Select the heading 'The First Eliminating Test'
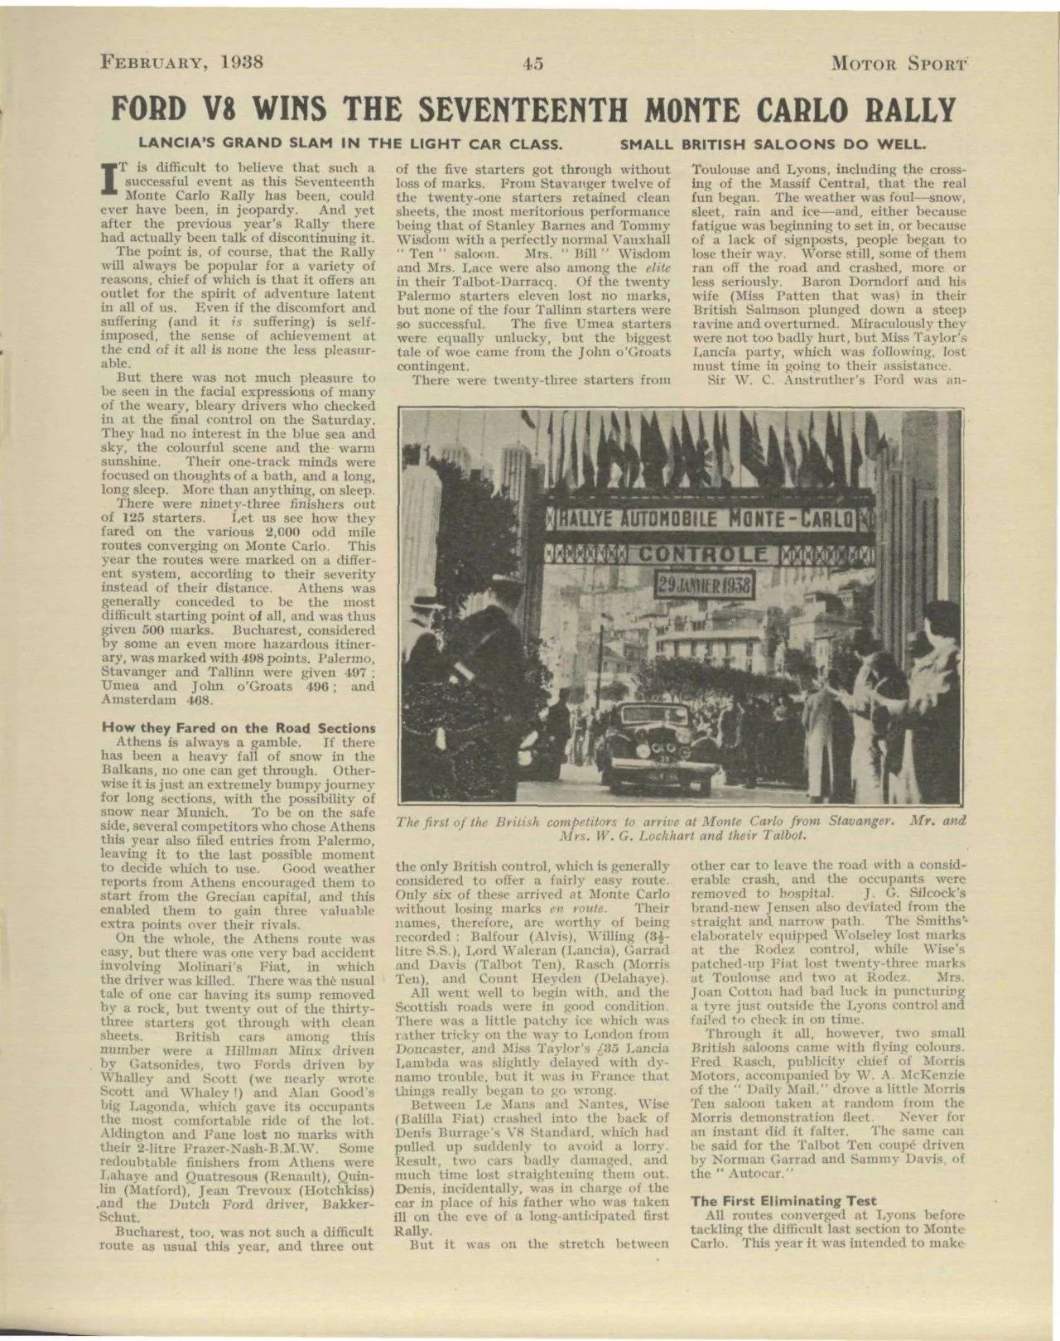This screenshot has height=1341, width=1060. (x=783, y=1200)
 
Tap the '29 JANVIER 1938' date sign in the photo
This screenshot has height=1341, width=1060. (x=705, y=586)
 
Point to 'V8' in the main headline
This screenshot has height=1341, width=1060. (x=222, y=110)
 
